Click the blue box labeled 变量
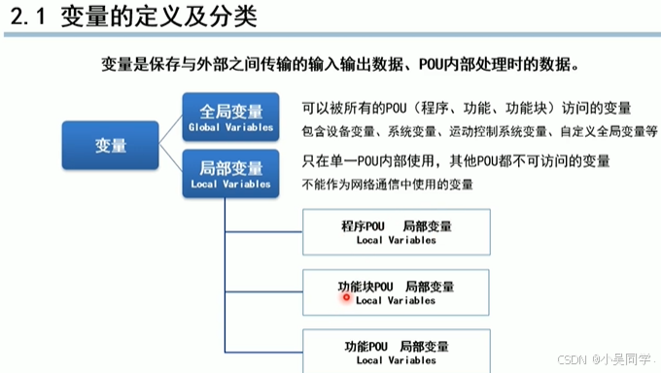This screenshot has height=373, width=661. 111,146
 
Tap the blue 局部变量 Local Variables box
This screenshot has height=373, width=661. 231,174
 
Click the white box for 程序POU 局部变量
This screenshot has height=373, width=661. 396,233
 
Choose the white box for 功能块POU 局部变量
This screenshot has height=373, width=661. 396,292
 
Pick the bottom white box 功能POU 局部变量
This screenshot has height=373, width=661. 396,352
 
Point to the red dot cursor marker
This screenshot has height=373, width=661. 345,298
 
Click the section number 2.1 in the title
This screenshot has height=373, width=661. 27,18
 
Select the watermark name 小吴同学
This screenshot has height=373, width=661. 618,357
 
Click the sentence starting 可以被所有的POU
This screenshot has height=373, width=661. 467,108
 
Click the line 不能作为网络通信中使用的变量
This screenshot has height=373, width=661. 387,184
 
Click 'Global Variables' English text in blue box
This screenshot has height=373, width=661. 231,127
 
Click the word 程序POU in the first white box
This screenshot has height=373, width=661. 363,226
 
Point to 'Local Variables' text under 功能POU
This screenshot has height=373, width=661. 396,360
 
